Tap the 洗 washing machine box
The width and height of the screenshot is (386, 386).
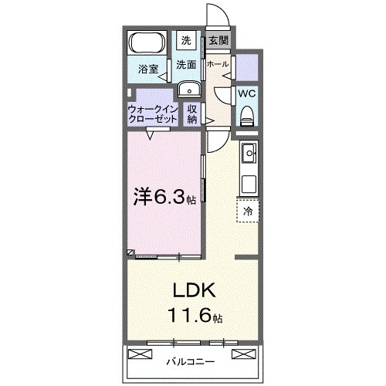[188, 40]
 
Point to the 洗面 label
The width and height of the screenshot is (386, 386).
[185, 65]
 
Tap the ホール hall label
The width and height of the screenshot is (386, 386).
[218, 65]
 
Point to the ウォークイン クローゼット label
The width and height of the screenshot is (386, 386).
[153, 114]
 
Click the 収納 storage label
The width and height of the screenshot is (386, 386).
[191, 114]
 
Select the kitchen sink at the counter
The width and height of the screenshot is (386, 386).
[249, 155]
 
